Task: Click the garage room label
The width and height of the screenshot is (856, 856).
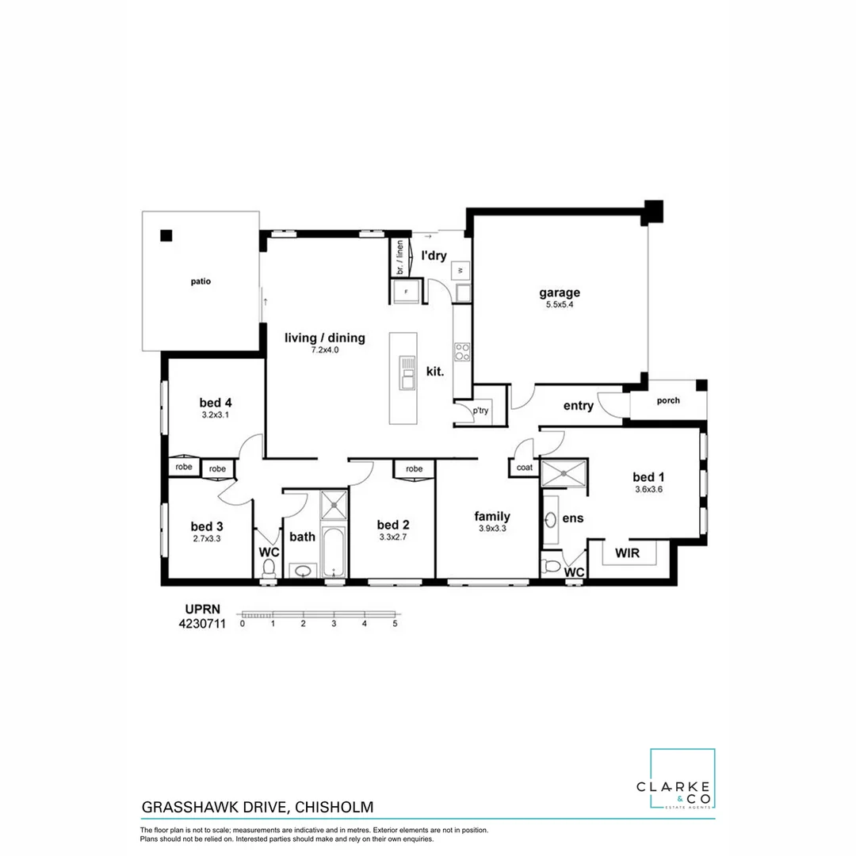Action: click(560, 292)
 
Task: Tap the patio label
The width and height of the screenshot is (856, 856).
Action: click(200, 281)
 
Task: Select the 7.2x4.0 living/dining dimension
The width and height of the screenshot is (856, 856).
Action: click(325, 350)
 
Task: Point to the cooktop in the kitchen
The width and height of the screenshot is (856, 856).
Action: click(461, 350)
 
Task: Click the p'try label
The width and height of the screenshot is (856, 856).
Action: click(480, 411)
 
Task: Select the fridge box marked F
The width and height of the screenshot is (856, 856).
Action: click(407, 292)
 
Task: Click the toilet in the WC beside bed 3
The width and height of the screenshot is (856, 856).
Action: click(269, 567)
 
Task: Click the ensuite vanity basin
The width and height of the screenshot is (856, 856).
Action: click(550, 520)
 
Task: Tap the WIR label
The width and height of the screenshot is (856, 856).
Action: click(627, 552)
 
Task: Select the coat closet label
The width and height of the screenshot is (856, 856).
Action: click(523, 468)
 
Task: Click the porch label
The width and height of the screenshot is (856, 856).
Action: click(668, 400)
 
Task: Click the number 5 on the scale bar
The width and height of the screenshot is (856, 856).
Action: click(395, 624)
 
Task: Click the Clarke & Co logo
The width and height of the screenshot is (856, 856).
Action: click(682, 780)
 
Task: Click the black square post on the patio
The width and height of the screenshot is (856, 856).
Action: click(166, 235)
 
